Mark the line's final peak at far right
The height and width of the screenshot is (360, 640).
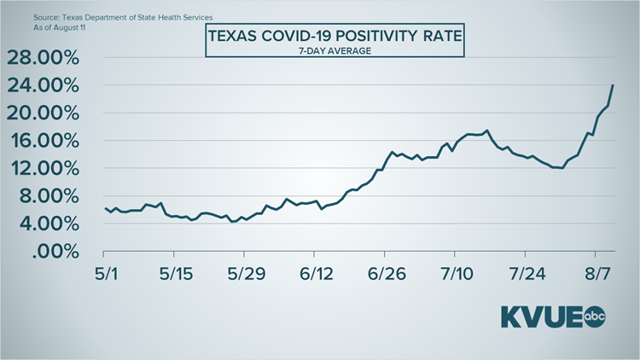tap(613, 85)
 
